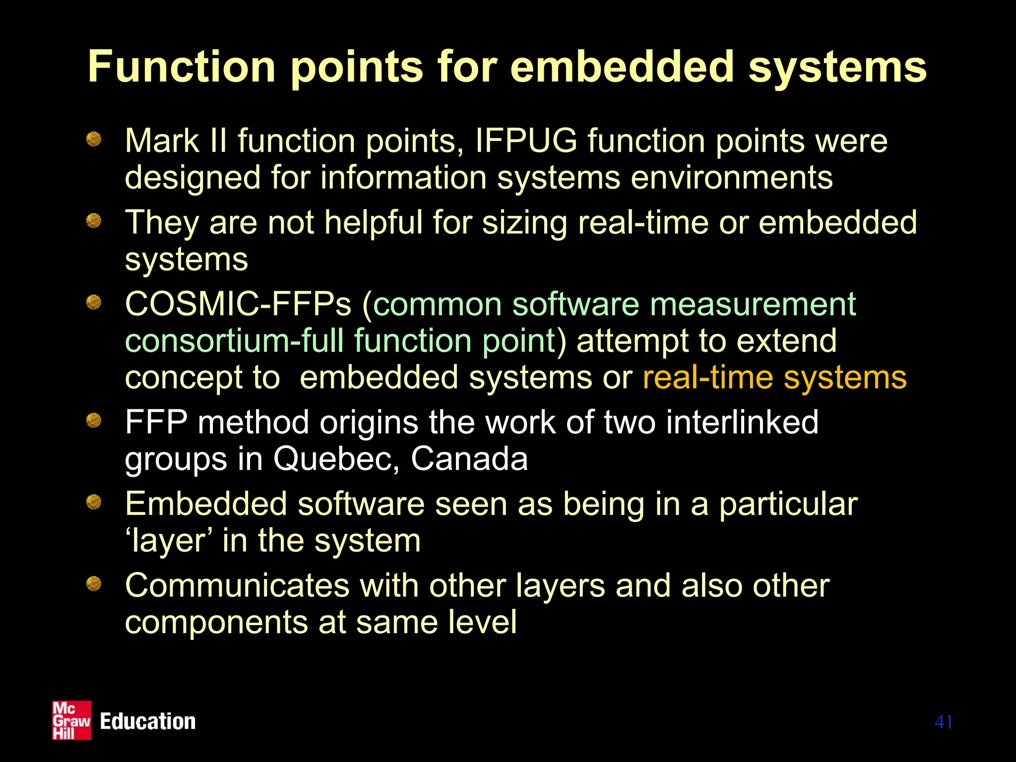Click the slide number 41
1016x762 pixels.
944,722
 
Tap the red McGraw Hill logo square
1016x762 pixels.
72,720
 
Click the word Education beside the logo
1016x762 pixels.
148,721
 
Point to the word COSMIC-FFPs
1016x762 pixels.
238,304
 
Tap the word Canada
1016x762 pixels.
469,459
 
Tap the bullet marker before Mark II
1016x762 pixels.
94,139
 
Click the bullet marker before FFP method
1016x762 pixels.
94,421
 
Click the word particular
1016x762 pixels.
788,504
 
